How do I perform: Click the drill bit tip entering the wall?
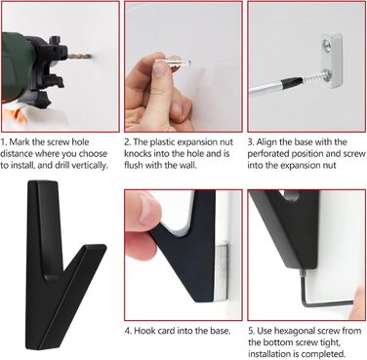92,58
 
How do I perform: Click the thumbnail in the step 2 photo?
160,69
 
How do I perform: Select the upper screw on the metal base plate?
326,43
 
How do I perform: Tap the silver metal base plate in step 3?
331,60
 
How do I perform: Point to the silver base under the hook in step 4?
221,271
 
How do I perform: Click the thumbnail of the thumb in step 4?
148,211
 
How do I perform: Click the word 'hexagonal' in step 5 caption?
295,331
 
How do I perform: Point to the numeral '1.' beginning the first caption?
4,142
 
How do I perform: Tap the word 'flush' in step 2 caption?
134,165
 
